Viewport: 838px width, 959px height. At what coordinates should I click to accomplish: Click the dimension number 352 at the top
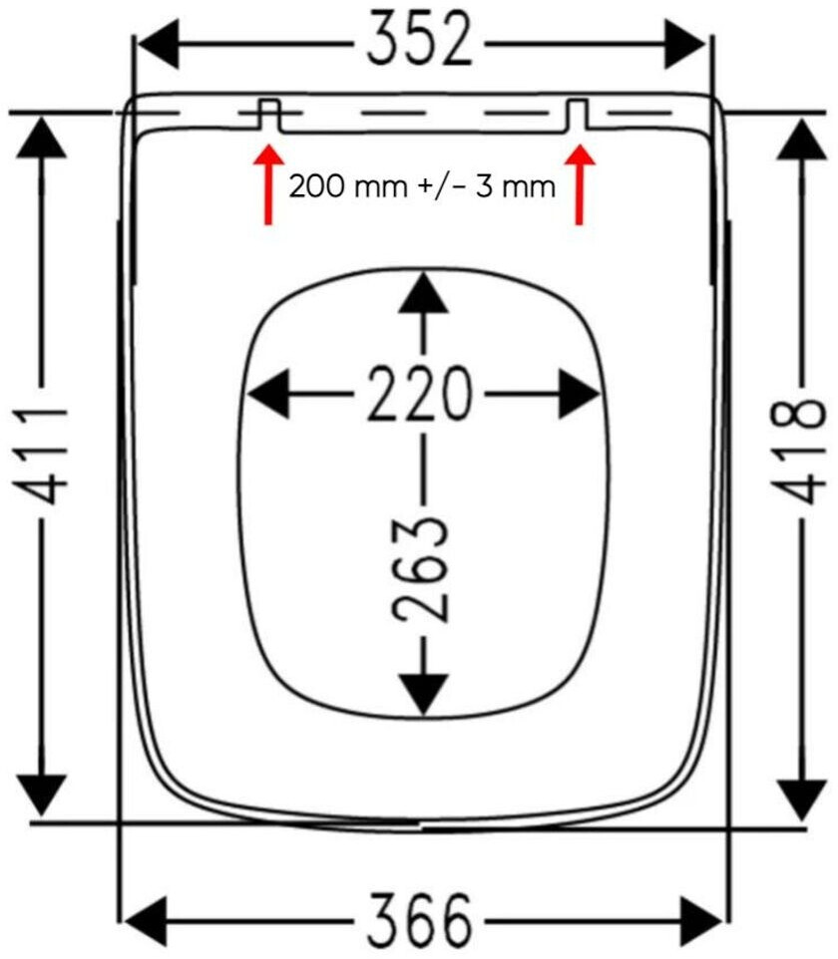pyautogui.click(x=420, y=41)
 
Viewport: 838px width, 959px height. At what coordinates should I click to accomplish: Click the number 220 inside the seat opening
pyautogui.click(x=419, y=394)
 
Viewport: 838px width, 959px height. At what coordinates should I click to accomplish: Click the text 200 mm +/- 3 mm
pyautogui.click(x=422, y=186)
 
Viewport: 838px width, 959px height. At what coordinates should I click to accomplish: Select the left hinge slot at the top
pyautogui.click(x=267, y=114)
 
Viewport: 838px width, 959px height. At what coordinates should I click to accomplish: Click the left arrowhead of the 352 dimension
pyautogui.click(x=158, y=43)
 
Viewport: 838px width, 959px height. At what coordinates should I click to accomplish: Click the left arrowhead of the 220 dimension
pyautogui.click(x=267, y=395)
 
